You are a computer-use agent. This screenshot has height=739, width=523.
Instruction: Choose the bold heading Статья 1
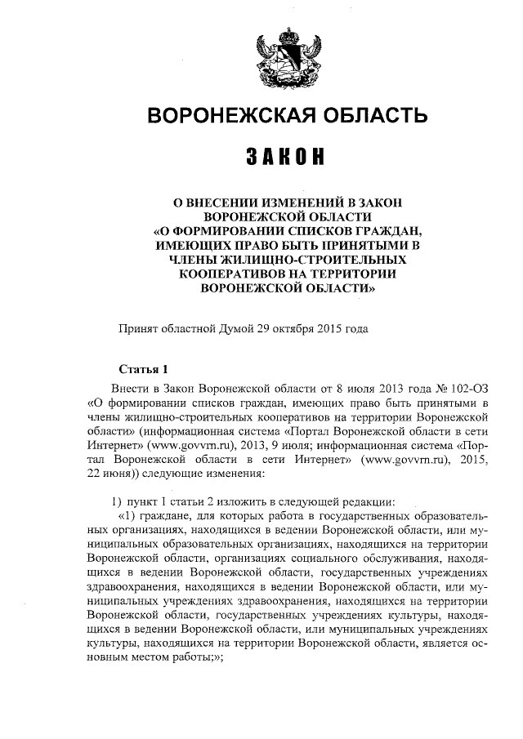coord(142,367)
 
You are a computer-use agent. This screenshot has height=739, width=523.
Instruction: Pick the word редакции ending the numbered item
coord(368,500)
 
